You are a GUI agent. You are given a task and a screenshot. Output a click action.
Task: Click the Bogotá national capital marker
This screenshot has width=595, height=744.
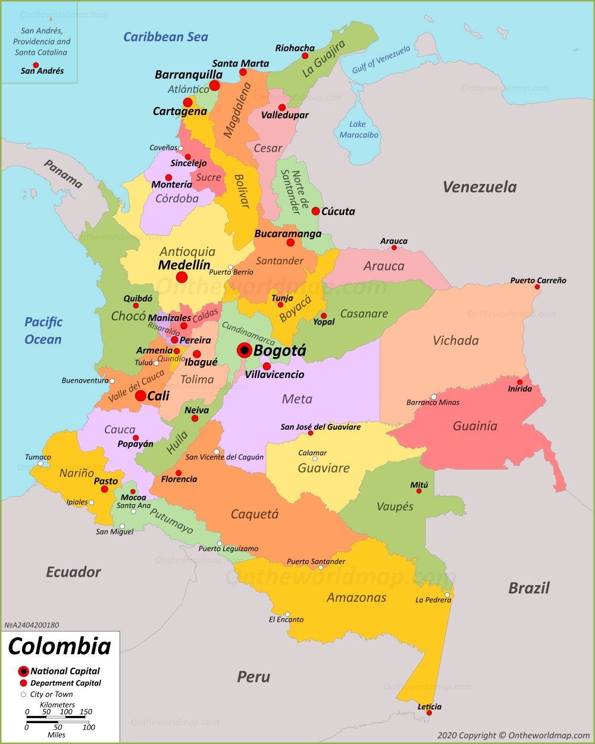pyautogui.click(x=244, y=350)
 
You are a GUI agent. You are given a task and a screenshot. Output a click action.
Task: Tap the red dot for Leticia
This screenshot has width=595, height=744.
pyautogui.click(x=429, y=712)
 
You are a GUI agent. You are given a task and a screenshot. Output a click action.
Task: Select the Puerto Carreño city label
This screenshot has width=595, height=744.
pyautogui.click(x=538, y=280)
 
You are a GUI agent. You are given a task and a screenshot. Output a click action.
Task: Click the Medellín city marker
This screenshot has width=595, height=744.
pyautogui.click(x=182, y=277)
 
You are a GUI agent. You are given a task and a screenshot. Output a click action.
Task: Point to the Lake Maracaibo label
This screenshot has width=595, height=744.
pyautogui.click(x=358, y=129)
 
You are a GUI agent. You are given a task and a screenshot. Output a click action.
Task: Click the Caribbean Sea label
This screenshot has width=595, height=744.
pyautogui.click(x=165, y=37)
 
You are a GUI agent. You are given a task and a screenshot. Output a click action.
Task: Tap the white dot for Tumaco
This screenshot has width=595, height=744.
pyautogui.click(x=40, y=464)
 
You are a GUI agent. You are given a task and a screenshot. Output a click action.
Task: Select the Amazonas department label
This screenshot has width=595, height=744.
pyautogui.click(x=356, y=598)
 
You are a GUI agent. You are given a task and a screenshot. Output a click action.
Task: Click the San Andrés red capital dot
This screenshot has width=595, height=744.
pyautogui.click(x=36, y=65)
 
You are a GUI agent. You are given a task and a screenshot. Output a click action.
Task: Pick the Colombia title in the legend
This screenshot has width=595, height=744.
pyautogui.click(x=59, y=646)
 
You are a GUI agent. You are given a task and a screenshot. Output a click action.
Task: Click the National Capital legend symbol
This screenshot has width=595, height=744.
pyautogui.click(x=24, y=671)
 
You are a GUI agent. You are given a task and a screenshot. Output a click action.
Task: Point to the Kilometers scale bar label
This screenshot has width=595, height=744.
pyautogui.click(x=57, y=705)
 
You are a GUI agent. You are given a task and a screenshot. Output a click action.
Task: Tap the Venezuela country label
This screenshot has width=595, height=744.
pyautogui.click(x=480, y=187)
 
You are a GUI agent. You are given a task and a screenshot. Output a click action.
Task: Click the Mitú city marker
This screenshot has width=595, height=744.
pyautogui.click(x=419, y=491)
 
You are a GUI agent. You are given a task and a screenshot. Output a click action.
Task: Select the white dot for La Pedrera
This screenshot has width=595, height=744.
pyautogui.click(x=447, y=595)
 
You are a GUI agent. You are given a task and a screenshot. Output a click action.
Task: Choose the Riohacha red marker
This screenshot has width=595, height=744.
pyautogui.click(x=305, y=56)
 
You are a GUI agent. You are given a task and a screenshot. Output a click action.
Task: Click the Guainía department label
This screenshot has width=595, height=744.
pyautogui.click(x=475, y=426)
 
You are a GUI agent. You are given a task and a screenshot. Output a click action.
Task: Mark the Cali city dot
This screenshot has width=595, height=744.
pyautogui.click(x=140, y=396)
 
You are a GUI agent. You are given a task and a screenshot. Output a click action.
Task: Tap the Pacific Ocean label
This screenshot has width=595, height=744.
pyautogui.click(x=43, y=330)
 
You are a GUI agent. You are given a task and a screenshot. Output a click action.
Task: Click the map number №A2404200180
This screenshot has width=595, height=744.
pyautogui.click(x=32, y=625)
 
